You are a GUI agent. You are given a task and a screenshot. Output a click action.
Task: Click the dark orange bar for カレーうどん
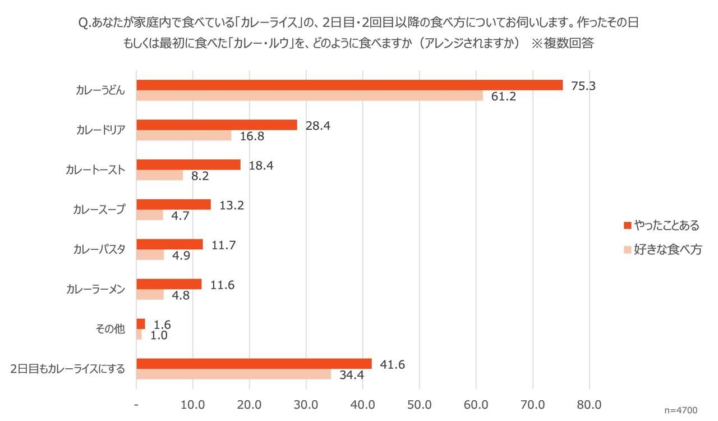[349, 85]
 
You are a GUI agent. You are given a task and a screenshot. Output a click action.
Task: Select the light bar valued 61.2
[310, 95]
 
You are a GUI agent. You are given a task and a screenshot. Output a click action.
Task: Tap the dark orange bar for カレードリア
[217, 125]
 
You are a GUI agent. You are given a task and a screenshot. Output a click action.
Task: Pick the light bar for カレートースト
[160, 175]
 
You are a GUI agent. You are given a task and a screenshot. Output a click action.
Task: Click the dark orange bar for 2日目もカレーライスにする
[254, 363]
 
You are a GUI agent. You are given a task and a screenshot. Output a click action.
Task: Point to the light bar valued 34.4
[233, 374]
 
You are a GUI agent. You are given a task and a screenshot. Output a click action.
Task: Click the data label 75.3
[584, 86]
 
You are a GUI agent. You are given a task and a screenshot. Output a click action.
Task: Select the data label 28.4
[317, 126]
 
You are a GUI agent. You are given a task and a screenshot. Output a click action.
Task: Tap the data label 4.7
[179, 216]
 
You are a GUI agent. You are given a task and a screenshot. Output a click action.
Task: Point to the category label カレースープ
[99, 209]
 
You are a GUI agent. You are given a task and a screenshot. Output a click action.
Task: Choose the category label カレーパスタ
[99, 249]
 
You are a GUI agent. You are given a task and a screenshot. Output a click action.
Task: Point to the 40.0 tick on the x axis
[362, 405]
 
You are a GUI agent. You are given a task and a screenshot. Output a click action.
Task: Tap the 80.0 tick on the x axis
[589, 405]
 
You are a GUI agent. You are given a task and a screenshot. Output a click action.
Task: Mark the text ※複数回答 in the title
[561, 44]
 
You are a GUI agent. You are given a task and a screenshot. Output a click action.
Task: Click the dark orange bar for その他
[141, 323]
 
